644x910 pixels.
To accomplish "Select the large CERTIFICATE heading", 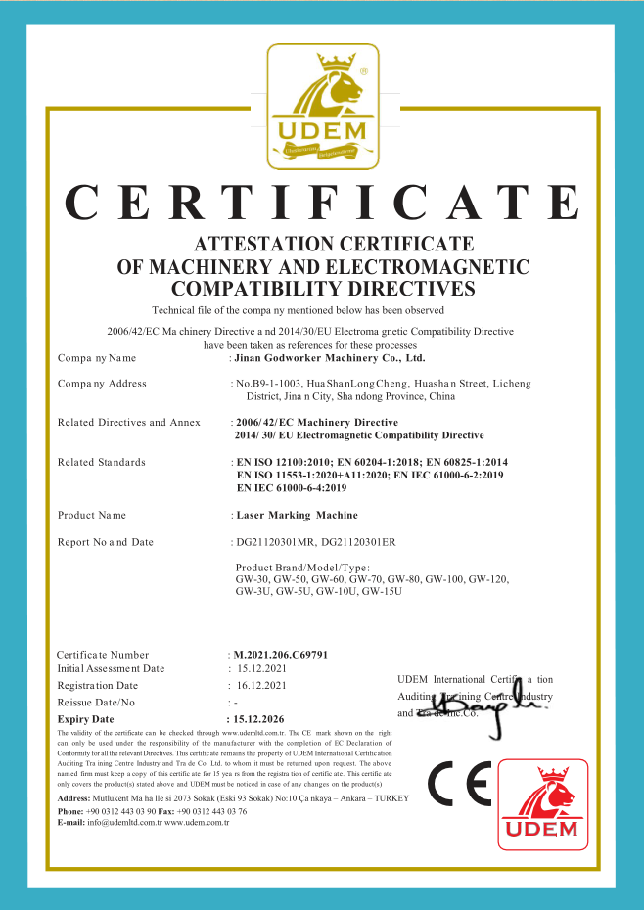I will click(x=322, y=202).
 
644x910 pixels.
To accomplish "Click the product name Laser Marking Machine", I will click(x=297, y=514).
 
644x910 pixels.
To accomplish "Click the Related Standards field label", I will click(x=102, y=462).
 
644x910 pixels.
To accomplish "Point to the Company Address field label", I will click(x=102, y=384).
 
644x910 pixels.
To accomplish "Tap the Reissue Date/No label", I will click(x=96, y=703).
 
